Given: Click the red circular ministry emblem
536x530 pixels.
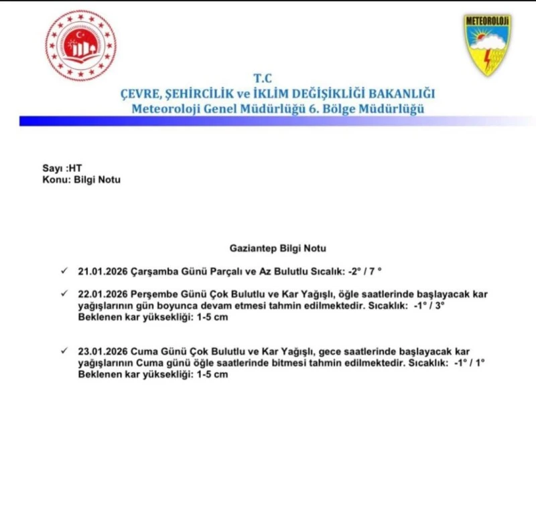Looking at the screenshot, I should pos(81,46).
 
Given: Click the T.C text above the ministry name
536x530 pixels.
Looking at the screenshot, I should pos(263,78).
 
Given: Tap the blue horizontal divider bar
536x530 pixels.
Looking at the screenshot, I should pos(268,121).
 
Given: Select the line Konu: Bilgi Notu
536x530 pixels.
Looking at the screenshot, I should pos(77,180).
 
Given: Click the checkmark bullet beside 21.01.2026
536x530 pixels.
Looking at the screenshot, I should pos(64,270).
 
